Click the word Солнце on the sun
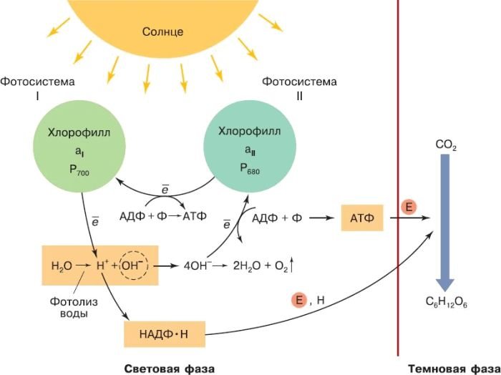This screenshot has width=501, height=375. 163,31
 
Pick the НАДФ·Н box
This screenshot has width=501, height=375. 163,333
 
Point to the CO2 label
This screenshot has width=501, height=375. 445,145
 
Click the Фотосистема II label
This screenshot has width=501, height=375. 299,88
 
